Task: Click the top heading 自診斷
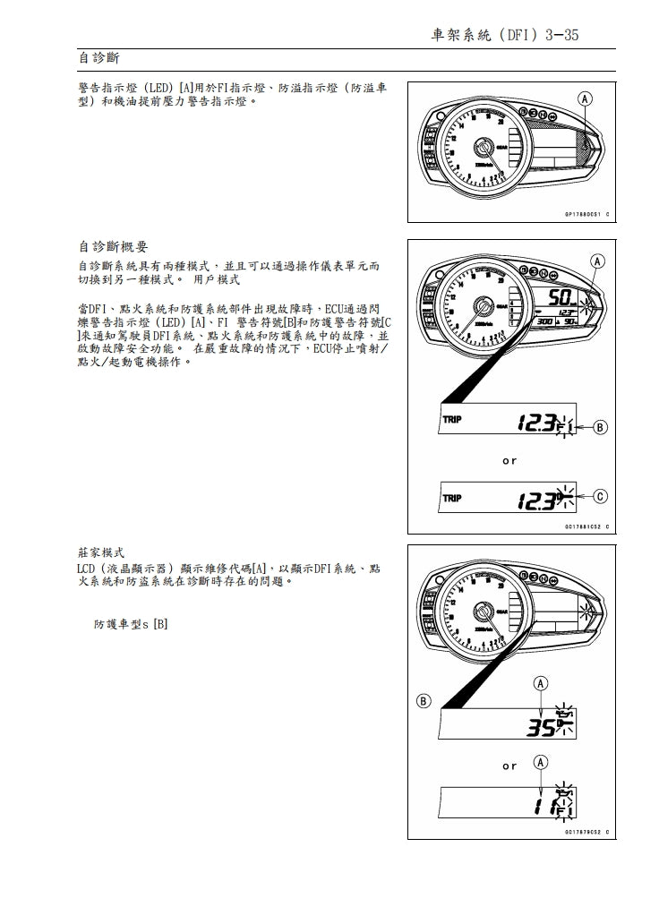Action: coord(98,58)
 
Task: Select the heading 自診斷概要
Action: coord(114,246)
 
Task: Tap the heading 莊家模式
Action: coord(102,552)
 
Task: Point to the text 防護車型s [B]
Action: coord(131,624)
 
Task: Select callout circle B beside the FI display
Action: coord(600,426)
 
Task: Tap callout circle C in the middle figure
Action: coord(600,495)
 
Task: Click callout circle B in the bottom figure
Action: coord(424,700)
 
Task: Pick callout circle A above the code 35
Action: coord(541,685)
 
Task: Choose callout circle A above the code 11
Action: coord(541,763)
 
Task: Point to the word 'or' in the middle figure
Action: coord(509,461)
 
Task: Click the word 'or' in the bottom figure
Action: coord(509,766)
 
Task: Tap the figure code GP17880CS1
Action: coord(586,215)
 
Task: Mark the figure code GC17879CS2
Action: coord(586,833)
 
